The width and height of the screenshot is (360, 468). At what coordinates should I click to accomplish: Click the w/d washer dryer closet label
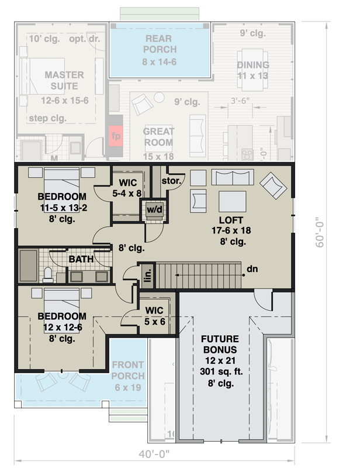click(154, 209)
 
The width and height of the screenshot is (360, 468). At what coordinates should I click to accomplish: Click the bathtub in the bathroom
click(27, 266)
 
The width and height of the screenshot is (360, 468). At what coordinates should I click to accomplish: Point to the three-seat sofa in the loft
click(232, 177)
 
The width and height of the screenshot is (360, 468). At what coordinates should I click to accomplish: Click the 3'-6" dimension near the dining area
click(240, 100)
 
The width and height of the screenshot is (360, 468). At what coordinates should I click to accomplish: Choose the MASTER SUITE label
click(64, 80)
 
